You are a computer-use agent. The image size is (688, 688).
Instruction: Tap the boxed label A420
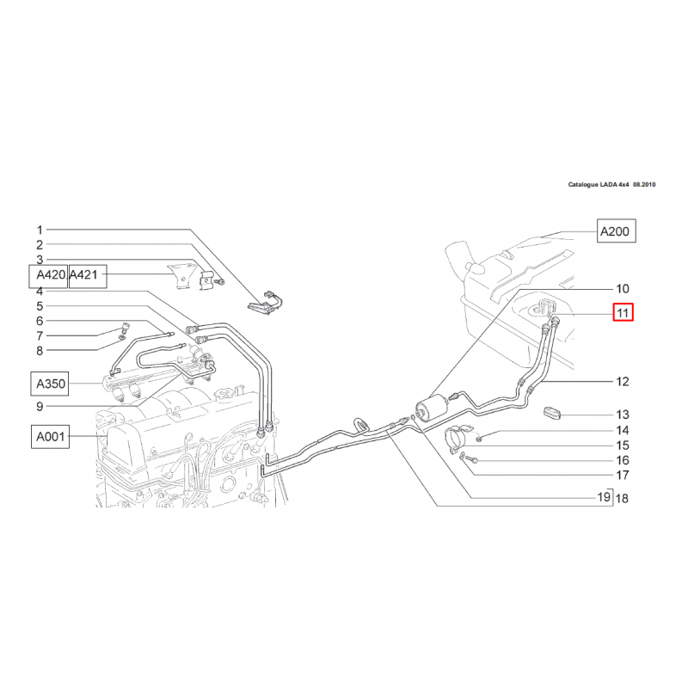[x=47, y=275]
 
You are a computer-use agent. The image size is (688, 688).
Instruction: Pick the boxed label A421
[x=86, y=275]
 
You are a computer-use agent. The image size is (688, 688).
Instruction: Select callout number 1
[x=39, y=230]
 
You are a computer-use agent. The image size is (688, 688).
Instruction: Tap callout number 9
[x=39, y=407]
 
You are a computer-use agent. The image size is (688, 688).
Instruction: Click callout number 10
[x=622, y=289]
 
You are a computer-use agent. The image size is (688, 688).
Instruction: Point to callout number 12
[x=622, y=381]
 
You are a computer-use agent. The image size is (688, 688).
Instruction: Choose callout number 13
[x=622, y=415]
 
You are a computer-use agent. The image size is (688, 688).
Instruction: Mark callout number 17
[x=622, y=475]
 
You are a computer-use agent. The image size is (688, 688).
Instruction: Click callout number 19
[x=604, y=497]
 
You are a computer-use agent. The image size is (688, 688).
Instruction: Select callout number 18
[x=623, y=499]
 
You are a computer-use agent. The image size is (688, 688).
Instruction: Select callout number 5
[x=39, y=306]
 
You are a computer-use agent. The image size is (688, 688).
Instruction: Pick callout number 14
[x=622, y=430]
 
